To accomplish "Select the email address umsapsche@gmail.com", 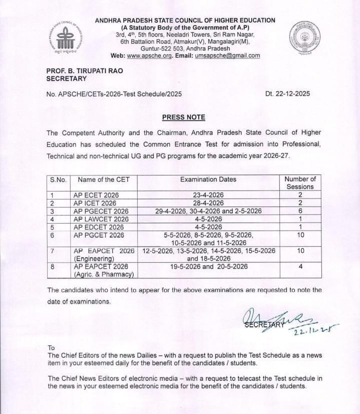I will [x=227, y=56].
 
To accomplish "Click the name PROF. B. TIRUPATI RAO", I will [x=85, y=71].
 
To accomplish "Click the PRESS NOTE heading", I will [x=183, y=117].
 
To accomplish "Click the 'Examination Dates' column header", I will [x=208, y=179].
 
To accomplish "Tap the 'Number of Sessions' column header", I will [x=300, y=183].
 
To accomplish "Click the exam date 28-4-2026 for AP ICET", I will [x=208, y=203].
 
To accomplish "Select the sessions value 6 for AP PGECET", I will [x=300, y=211].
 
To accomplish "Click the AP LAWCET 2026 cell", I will [x=101, y=219].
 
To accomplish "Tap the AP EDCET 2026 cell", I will [x=99, y=227].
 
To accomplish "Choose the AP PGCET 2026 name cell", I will [x=98, y=235].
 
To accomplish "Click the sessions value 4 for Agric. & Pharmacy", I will [x=300, y=267].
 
